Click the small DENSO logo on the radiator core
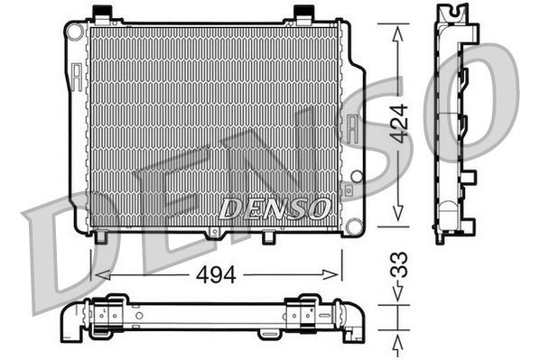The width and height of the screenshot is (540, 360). [274, 208]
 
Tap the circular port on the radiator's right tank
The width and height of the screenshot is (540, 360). [356, 176]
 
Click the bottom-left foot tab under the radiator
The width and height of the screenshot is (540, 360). [102, 236]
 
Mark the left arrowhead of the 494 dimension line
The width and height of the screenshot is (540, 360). [98, 275]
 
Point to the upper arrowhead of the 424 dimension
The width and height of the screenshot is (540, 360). [398, 29]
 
